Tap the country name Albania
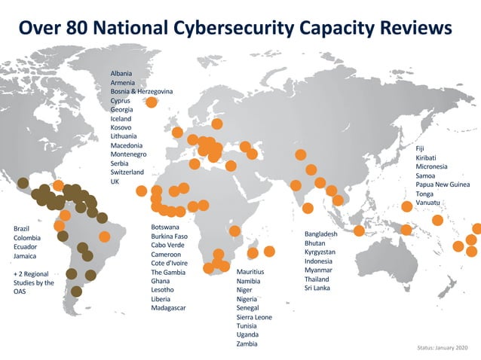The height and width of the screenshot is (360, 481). tap(121, 73)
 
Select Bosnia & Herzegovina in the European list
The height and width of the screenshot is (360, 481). tap(142, 91)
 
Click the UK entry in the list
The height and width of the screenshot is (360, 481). tap(115, 182)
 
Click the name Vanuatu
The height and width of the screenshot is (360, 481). tap(429, 203)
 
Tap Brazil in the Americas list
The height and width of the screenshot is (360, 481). tap(23, 228)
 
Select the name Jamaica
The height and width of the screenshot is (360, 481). tap(26, 256)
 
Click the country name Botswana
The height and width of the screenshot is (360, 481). tap(165, 227)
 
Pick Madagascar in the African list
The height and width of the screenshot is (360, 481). tap(168, 308)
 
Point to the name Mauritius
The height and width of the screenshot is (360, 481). tap(250, 271)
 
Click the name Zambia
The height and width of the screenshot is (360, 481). tap(247, 343)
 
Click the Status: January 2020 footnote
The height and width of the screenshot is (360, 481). tap(442, 348)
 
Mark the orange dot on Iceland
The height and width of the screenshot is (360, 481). tap(152, 102)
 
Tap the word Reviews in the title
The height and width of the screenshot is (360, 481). tap(412, 28)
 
